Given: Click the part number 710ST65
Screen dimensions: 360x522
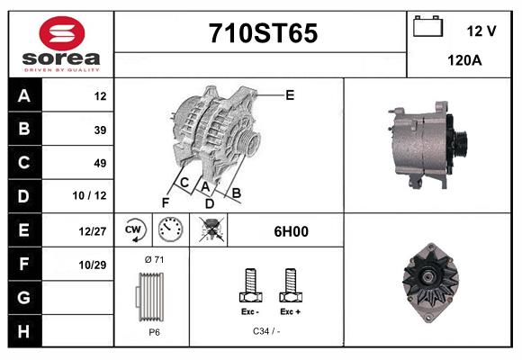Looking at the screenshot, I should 262,33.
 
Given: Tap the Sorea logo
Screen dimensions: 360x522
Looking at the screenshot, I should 61,44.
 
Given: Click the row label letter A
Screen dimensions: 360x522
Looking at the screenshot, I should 24,96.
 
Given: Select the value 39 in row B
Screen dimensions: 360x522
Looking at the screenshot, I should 100,130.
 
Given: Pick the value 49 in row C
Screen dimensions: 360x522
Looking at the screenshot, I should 100,163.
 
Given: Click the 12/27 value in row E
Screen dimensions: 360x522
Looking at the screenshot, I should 94,231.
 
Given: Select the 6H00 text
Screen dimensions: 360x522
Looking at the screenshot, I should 291,231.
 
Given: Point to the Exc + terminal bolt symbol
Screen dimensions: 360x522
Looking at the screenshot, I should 289,286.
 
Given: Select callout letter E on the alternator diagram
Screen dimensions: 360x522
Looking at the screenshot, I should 290,94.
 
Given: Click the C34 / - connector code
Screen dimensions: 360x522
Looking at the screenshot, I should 267,332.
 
